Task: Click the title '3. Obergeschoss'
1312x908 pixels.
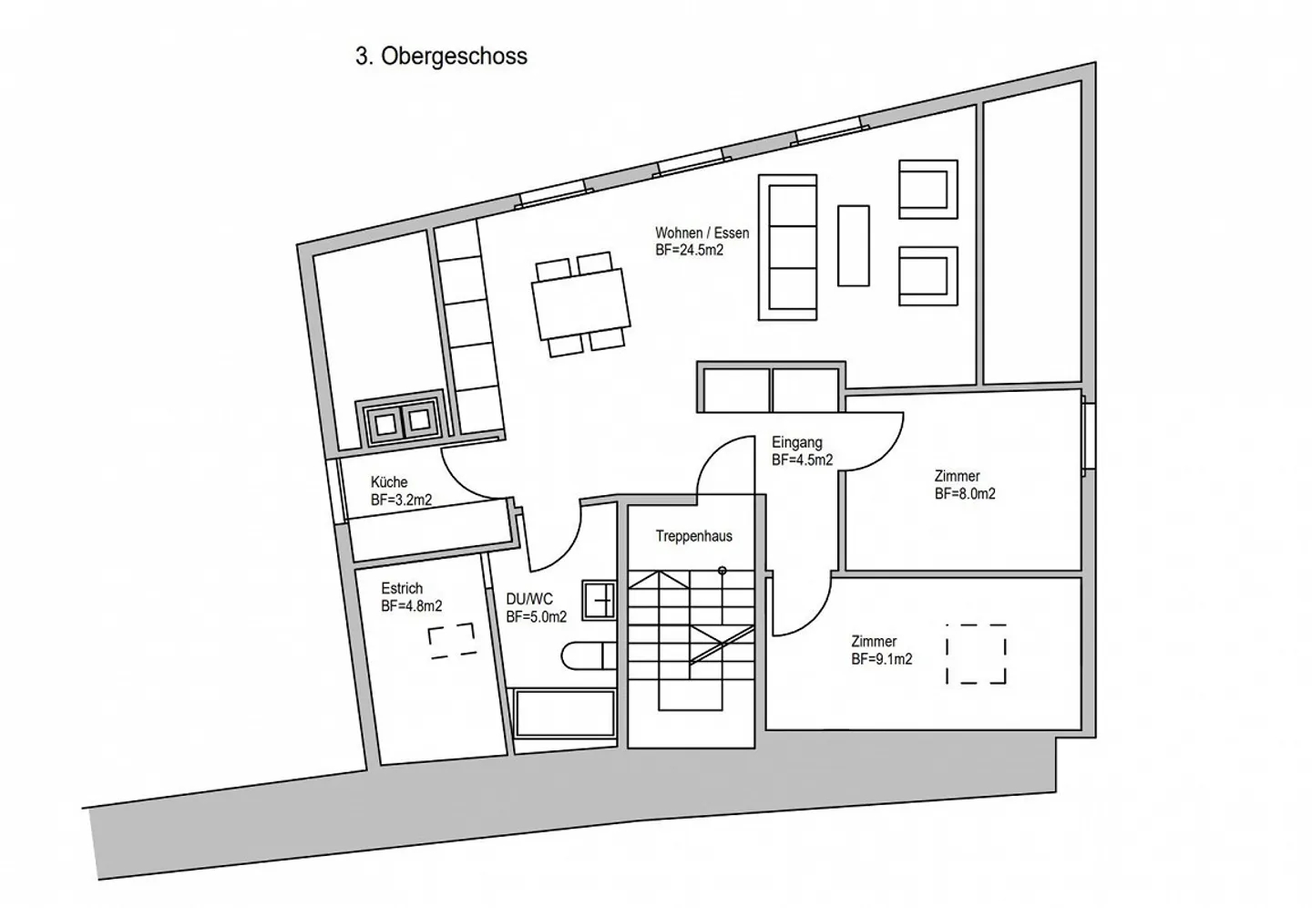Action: pyautogui.click(x=441, y=57)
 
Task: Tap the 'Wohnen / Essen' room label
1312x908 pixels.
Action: pyautogui.click(x=702, y=232)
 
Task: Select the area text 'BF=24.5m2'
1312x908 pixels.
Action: pyautogui.click(x=690, y=251)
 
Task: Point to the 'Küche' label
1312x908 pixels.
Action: pyautogui.click(x=389, y=482)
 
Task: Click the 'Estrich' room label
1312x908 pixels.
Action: pyautogui.click(x=402, y=588)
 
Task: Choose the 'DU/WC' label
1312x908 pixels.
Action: pyautogui.click(x=529, y=599)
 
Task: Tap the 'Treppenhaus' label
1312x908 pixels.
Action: pyautogui.click(x=694, y=536)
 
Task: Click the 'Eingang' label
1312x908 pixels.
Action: pyautogui.click(x=796, y=442)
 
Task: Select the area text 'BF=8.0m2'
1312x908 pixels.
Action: pyautogui.click(x=965, y=493)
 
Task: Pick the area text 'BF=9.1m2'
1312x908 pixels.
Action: pyautogui.click(x=882, y=659)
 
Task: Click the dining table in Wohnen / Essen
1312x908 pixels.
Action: pyautogui.click(x=581, y=304)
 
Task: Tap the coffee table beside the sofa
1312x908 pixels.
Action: pyautogui.click(x=854, y=245)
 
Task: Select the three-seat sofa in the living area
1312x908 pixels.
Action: pyautogui.click(x=788, y=247)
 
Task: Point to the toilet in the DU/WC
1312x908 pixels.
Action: pyautogui.click(x=588, y=656)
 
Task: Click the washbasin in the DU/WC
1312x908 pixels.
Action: pyautogui.click(x=599, y=601)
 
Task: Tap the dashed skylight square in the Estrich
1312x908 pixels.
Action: pyautogui.click(x=451, y=641)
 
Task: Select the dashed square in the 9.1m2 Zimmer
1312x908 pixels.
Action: pyautogui.click(x=976, y=654)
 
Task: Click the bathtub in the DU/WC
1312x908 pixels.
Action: pyautogui.click(x=565, y=714)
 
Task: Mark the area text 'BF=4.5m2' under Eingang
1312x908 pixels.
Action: pyautogui.click(x=802, y=460)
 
